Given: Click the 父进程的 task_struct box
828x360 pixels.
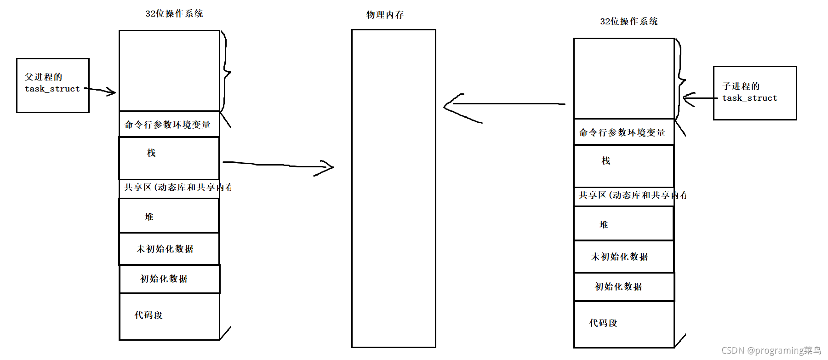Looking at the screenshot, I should point(52,85).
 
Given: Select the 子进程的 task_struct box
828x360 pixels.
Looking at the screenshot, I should point(754,93).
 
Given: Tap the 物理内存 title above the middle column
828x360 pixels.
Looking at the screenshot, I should point(385,15).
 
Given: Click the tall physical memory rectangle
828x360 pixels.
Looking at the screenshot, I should point(394,189).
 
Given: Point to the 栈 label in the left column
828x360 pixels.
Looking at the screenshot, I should point(151,153).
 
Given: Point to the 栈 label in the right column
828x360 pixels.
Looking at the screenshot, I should point(606,160).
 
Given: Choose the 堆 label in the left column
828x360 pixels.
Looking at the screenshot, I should point(149,217).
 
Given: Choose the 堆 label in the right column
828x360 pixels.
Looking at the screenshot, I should point(604,224).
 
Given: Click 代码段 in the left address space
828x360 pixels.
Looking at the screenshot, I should point(148,315).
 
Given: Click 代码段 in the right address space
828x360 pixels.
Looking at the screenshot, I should point(603,323).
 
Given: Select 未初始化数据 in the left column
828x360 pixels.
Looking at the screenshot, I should point(165,249).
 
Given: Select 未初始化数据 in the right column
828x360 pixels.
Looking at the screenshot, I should point(619,257).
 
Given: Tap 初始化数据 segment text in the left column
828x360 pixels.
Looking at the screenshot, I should point(164,279).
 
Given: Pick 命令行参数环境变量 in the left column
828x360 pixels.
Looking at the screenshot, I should point(167,125).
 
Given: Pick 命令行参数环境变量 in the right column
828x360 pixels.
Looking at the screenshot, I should point(622,132).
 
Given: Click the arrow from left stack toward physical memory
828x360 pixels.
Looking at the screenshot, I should point(276,165).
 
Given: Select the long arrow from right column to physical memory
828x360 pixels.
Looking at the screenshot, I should point(506,104).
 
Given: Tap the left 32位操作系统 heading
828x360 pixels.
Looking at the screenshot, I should point(174,14).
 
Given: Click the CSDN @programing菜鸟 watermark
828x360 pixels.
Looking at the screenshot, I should point(771,350).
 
